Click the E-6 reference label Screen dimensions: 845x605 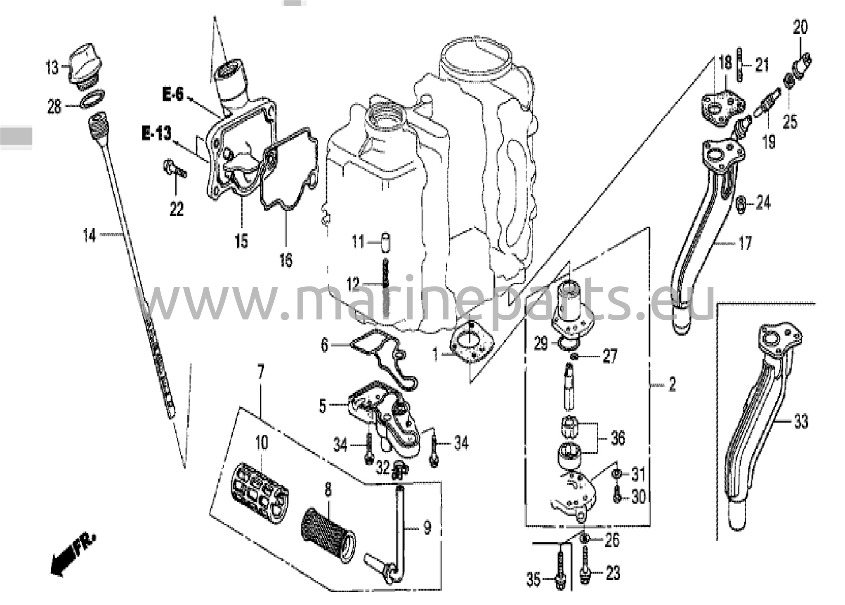coord(172,95)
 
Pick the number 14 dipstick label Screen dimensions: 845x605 coord(90,236)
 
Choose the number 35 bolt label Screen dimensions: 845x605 coord(533,579)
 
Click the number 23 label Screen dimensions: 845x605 coord(613,573)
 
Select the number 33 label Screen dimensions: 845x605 coord(801,421)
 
